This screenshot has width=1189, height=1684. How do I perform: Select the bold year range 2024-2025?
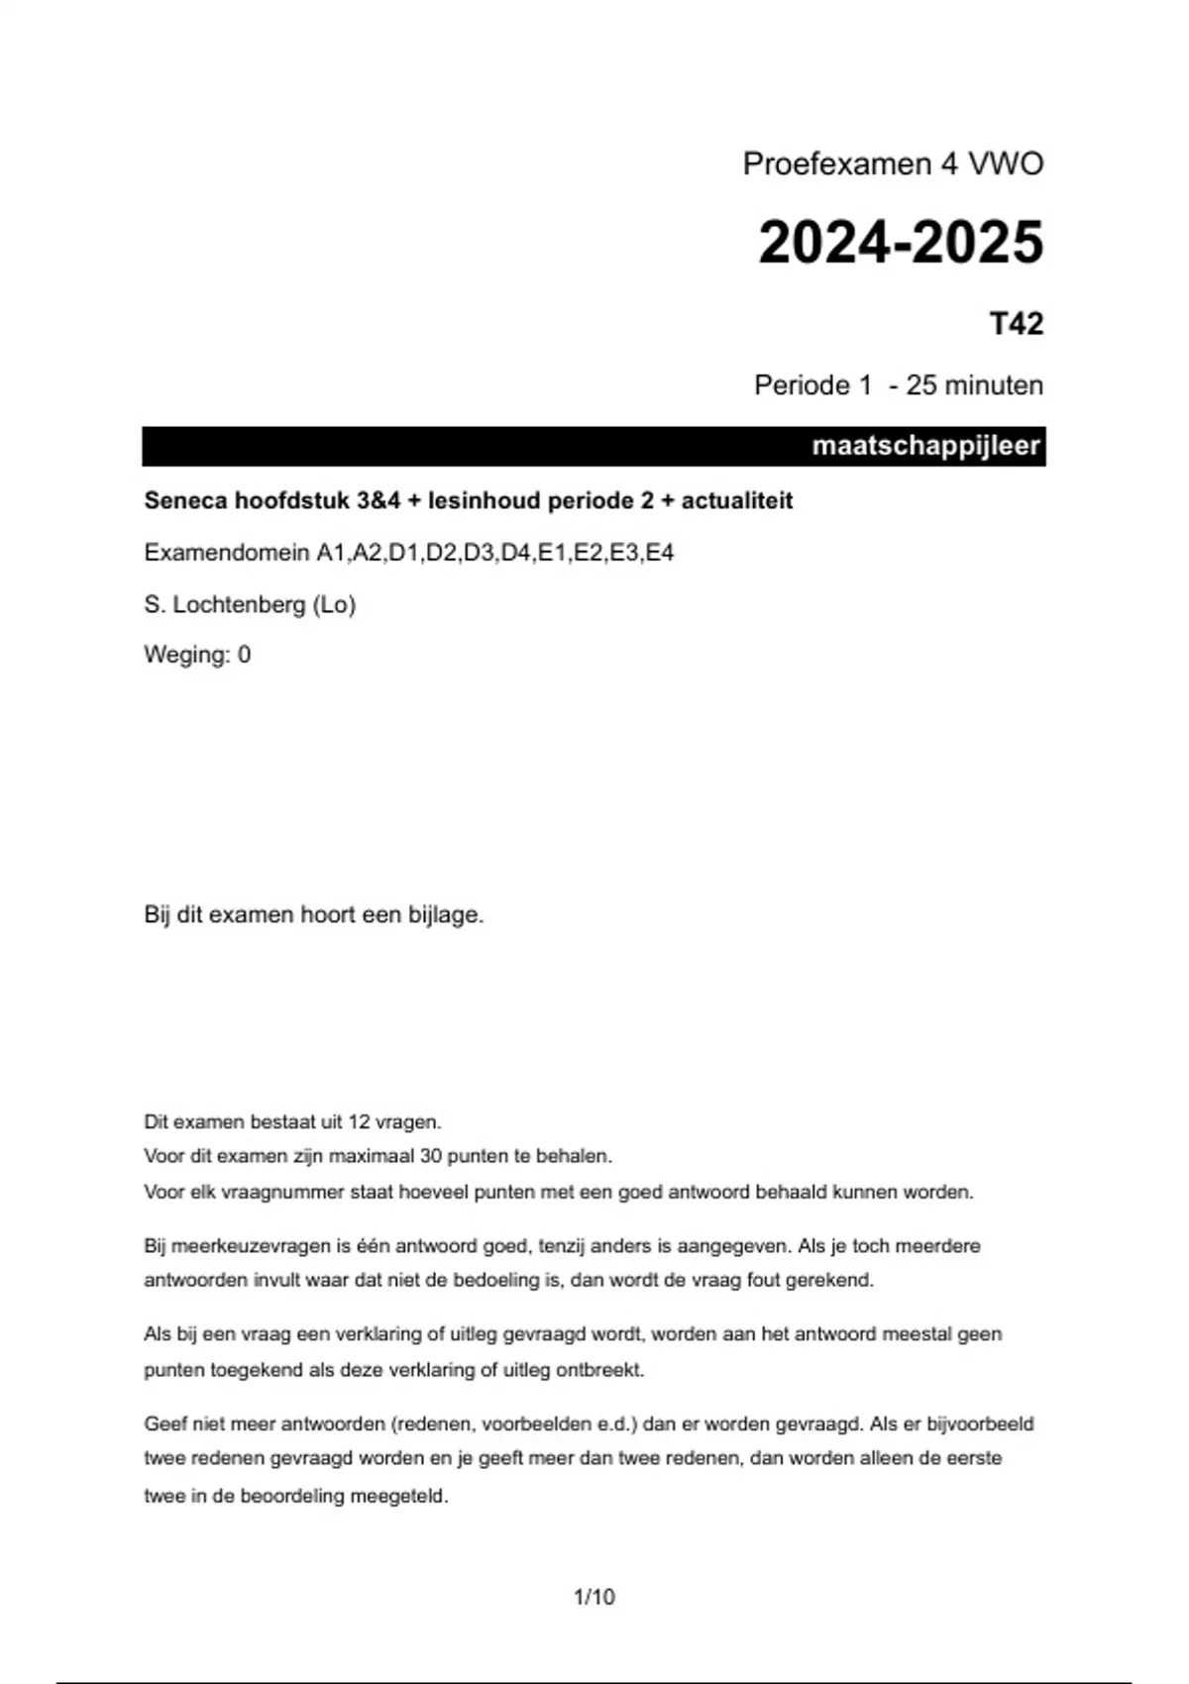click(901, 243)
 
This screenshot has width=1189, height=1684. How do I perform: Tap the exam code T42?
click(1017, 324)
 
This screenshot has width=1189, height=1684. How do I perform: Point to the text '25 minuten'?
click(974, 385)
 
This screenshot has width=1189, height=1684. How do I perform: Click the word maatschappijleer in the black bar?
click(925, 446)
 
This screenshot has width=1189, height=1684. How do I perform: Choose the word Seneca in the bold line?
click(185, 500)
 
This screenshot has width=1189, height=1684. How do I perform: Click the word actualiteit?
click(737, 500)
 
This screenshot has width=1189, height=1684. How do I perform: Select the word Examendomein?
click(227, 553)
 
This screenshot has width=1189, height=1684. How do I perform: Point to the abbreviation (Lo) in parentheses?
click(334, 604)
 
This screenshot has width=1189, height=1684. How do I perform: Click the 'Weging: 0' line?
click(197, 655)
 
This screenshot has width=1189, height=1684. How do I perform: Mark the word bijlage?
click(445, 914)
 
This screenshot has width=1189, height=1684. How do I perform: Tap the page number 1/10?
click(594, 1597)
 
